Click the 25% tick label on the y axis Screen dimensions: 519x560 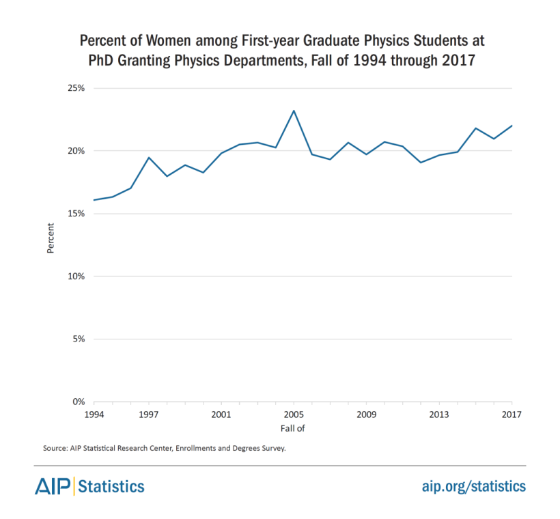pos(75,88)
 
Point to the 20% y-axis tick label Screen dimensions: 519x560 pos(75,151)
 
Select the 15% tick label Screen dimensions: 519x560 pos(75,214)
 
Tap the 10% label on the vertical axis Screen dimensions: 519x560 pos(75,277)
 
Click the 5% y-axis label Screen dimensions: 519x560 pos(77,339)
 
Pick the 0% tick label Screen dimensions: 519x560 pos(77,402)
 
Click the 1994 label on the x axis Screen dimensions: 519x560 pos(94,415)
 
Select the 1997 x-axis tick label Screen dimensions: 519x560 pos(148,415)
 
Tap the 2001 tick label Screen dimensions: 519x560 pos(221,415)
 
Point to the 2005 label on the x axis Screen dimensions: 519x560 pos(294,415)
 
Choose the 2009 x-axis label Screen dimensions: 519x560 pos(367,415)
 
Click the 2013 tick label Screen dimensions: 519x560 pos(439,415)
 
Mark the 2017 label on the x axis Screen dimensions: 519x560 pos(512,415)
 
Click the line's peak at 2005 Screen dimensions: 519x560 pos(294,111)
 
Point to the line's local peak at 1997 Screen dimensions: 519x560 pos(149,158)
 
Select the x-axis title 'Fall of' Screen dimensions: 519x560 pos(292,428)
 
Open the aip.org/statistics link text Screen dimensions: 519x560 pos(473,486)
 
